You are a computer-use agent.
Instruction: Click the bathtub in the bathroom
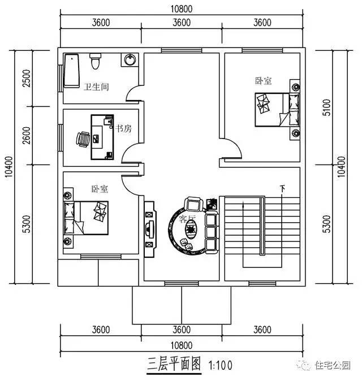pos(71,71)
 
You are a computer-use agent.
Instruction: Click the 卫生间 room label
pos(96,87)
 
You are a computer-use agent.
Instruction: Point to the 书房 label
pos(123,129)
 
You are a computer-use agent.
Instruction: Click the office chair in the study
pos(83,138)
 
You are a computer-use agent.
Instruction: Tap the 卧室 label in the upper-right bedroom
pos(263,81)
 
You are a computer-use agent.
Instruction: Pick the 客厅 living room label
pos(187,218)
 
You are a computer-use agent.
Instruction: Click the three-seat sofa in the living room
pos(211,232)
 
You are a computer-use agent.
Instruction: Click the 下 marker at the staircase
pos(281,188)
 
